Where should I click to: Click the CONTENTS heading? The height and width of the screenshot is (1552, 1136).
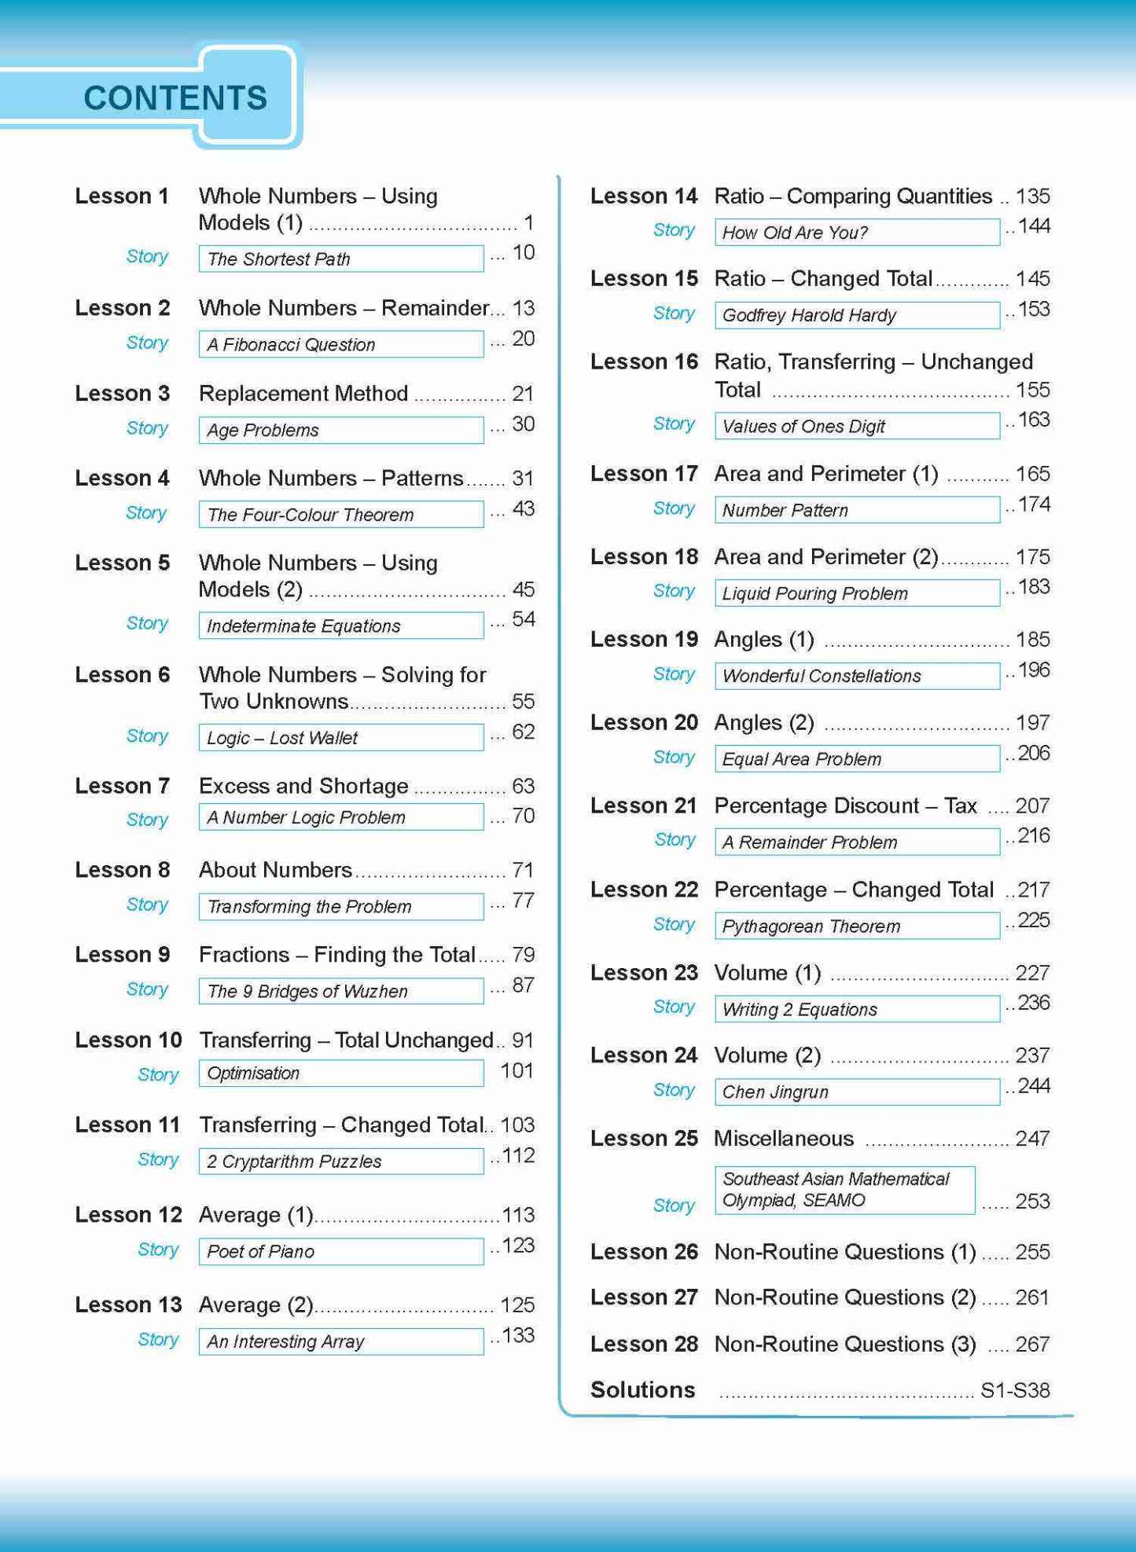point(175,98)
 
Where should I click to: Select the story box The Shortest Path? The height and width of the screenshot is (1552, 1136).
point(340,259)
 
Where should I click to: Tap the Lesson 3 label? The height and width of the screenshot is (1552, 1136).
point(122,393)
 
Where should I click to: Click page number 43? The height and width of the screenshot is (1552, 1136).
point(523,508)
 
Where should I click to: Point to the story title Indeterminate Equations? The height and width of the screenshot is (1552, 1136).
point(303,626)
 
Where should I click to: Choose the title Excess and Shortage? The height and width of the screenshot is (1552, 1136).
point(303,786)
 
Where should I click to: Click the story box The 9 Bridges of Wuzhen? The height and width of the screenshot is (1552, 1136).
point(340,991)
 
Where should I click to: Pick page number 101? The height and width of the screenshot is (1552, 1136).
point(517,1071)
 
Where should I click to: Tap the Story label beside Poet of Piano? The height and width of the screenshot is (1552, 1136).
point(157,1249)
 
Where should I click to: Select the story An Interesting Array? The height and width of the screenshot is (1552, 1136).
point(285,1341)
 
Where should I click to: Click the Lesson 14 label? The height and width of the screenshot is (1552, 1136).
point(644,196)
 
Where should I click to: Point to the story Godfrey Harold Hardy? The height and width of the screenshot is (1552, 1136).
point(809,315)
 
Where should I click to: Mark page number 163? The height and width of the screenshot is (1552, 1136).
point(1034,420)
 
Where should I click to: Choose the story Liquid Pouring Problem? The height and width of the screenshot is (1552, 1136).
point(814,593)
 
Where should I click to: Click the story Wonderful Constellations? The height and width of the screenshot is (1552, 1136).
point(822,676)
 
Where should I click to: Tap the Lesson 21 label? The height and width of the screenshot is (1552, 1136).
point(644,805)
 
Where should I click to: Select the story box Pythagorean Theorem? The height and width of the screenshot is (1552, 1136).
point(857,926)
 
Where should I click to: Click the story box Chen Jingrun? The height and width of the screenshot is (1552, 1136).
point(857,1092)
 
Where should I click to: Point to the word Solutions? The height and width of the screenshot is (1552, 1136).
point(642,1389)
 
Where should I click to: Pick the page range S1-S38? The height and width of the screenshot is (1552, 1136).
point(1015,1390)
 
